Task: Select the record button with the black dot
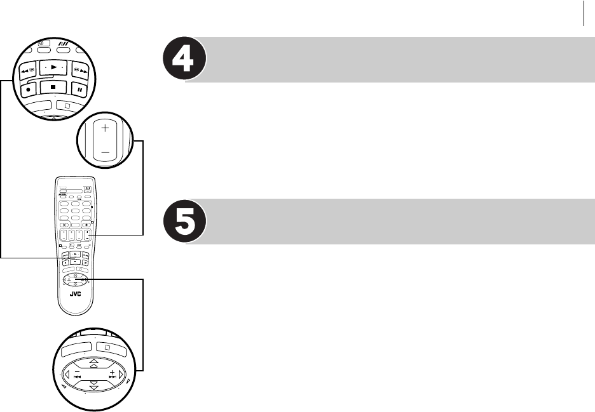pyautogui.click(x=29, y=89)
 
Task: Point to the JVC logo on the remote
pyautogui.click(x=76, y=295)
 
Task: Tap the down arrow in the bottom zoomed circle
pyautogui.click(x=93, y=386)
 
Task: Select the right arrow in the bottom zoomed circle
pyautogui.click(x=121, y=375)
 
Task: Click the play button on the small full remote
pyautogui.click(x=75, y=253)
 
